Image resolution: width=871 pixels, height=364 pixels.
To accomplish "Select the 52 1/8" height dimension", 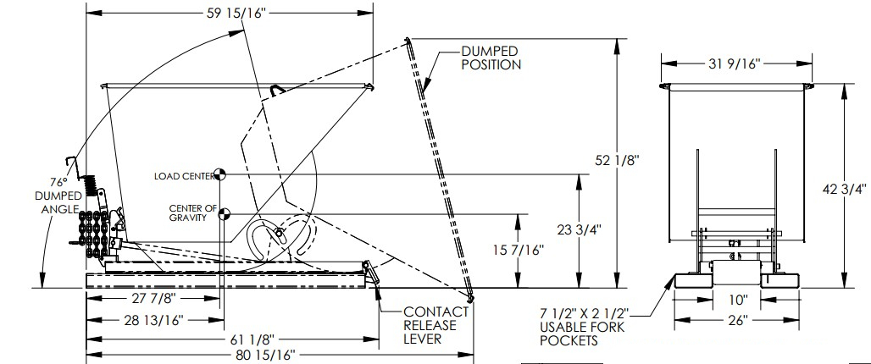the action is pyautogui.click(x=617, y=160).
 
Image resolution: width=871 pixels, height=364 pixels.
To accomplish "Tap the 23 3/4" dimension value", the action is pyautogui.click(x=579, y=229).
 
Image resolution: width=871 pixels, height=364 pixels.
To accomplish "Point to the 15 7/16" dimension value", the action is pyautogui.click(x=518, y=251).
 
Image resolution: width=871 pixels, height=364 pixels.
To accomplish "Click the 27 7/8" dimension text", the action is pyautogui.click(x=153, y=298).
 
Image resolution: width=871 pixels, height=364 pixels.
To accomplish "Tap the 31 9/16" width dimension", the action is pyautogui.click(x=734, y=63).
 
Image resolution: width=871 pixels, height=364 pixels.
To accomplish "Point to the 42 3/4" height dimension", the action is pyautogui.click(x=844, y=190).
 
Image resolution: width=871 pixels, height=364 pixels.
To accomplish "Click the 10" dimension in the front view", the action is pyautogui.click(x=738, y=301).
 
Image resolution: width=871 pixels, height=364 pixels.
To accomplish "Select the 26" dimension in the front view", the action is pyautogui.click(x=737, y=320).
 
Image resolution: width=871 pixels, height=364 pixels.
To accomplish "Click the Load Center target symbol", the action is pyautogui.click(x=220, y=174).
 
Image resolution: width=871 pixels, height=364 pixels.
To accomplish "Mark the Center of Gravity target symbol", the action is pyautogui.click(x=224, y=213).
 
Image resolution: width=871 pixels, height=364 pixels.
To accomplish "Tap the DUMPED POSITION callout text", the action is pyautogui.click(x=491, y=58).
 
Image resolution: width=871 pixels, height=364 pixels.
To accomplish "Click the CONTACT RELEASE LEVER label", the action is pyautogui.click(x=436, y=325).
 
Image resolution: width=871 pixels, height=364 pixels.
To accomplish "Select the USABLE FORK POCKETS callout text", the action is pyautogui.click(x=582, y=327).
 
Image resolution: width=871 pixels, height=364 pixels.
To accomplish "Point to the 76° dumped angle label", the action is pyautogui.click(x=58, y=196).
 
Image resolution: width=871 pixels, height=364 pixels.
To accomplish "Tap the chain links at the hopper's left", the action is pyautogui.click(x=93, y=234).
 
